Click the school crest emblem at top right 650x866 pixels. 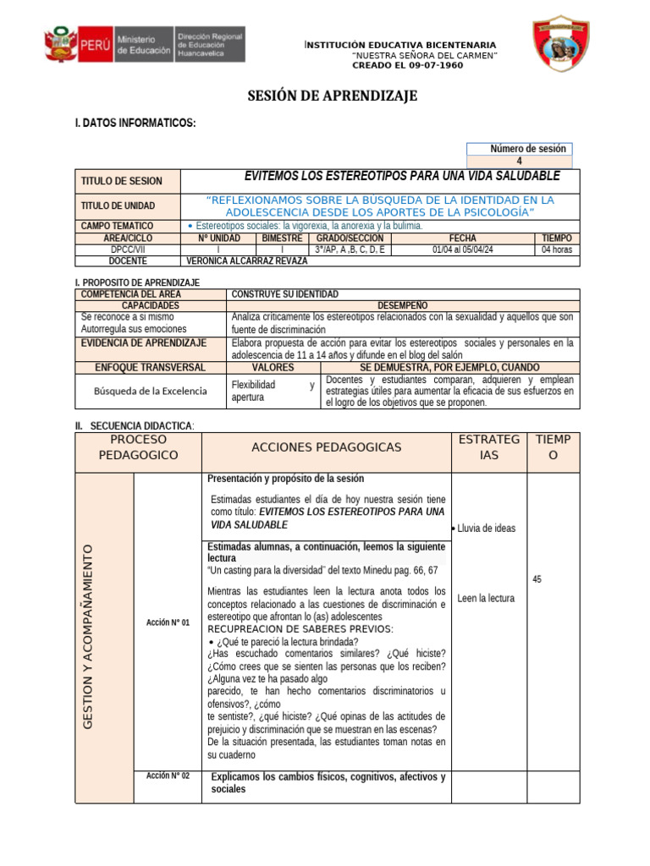pyautogui.click(x=560, y=42)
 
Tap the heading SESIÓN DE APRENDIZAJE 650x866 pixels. pyautogui.click(x=332, y=96)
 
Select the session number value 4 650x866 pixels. pyautogui.click(x=520, y=162)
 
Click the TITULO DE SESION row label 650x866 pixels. pyautogui.click(x=121, y=182)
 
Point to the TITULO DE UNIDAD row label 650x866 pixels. pyautogui.click(x=118, y=206)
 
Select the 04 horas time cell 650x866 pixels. pyautogui.click(x=557, y=249)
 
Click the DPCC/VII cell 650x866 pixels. pyautogui.click(x=128, y=249)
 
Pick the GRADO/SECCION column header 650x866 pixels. pyautogui.click(x=350, y=238)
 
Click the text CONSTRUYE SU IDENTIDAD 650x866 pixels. pyautogui.click(x=284, y=293)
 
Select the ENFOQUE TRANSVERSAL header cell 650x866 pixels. pyautogui.click(x=151, y=368)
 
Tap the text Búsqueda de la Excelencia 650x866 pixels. pyautogui.click(x=150, y=391)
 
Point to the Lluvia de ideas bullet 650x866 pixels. pyautogui.click(x=485, y=529)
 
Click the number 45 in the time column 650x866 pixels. pyautogui.click(x=537, y=579)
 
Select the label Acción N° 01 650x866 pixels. pyautogui.click(x=168, y=622)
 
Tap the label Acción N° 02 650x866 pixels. pyautogui.click(x=168, y=776)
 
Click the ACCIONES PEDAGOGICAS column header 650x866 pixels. pyautogui.click(x=327, y=447)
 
